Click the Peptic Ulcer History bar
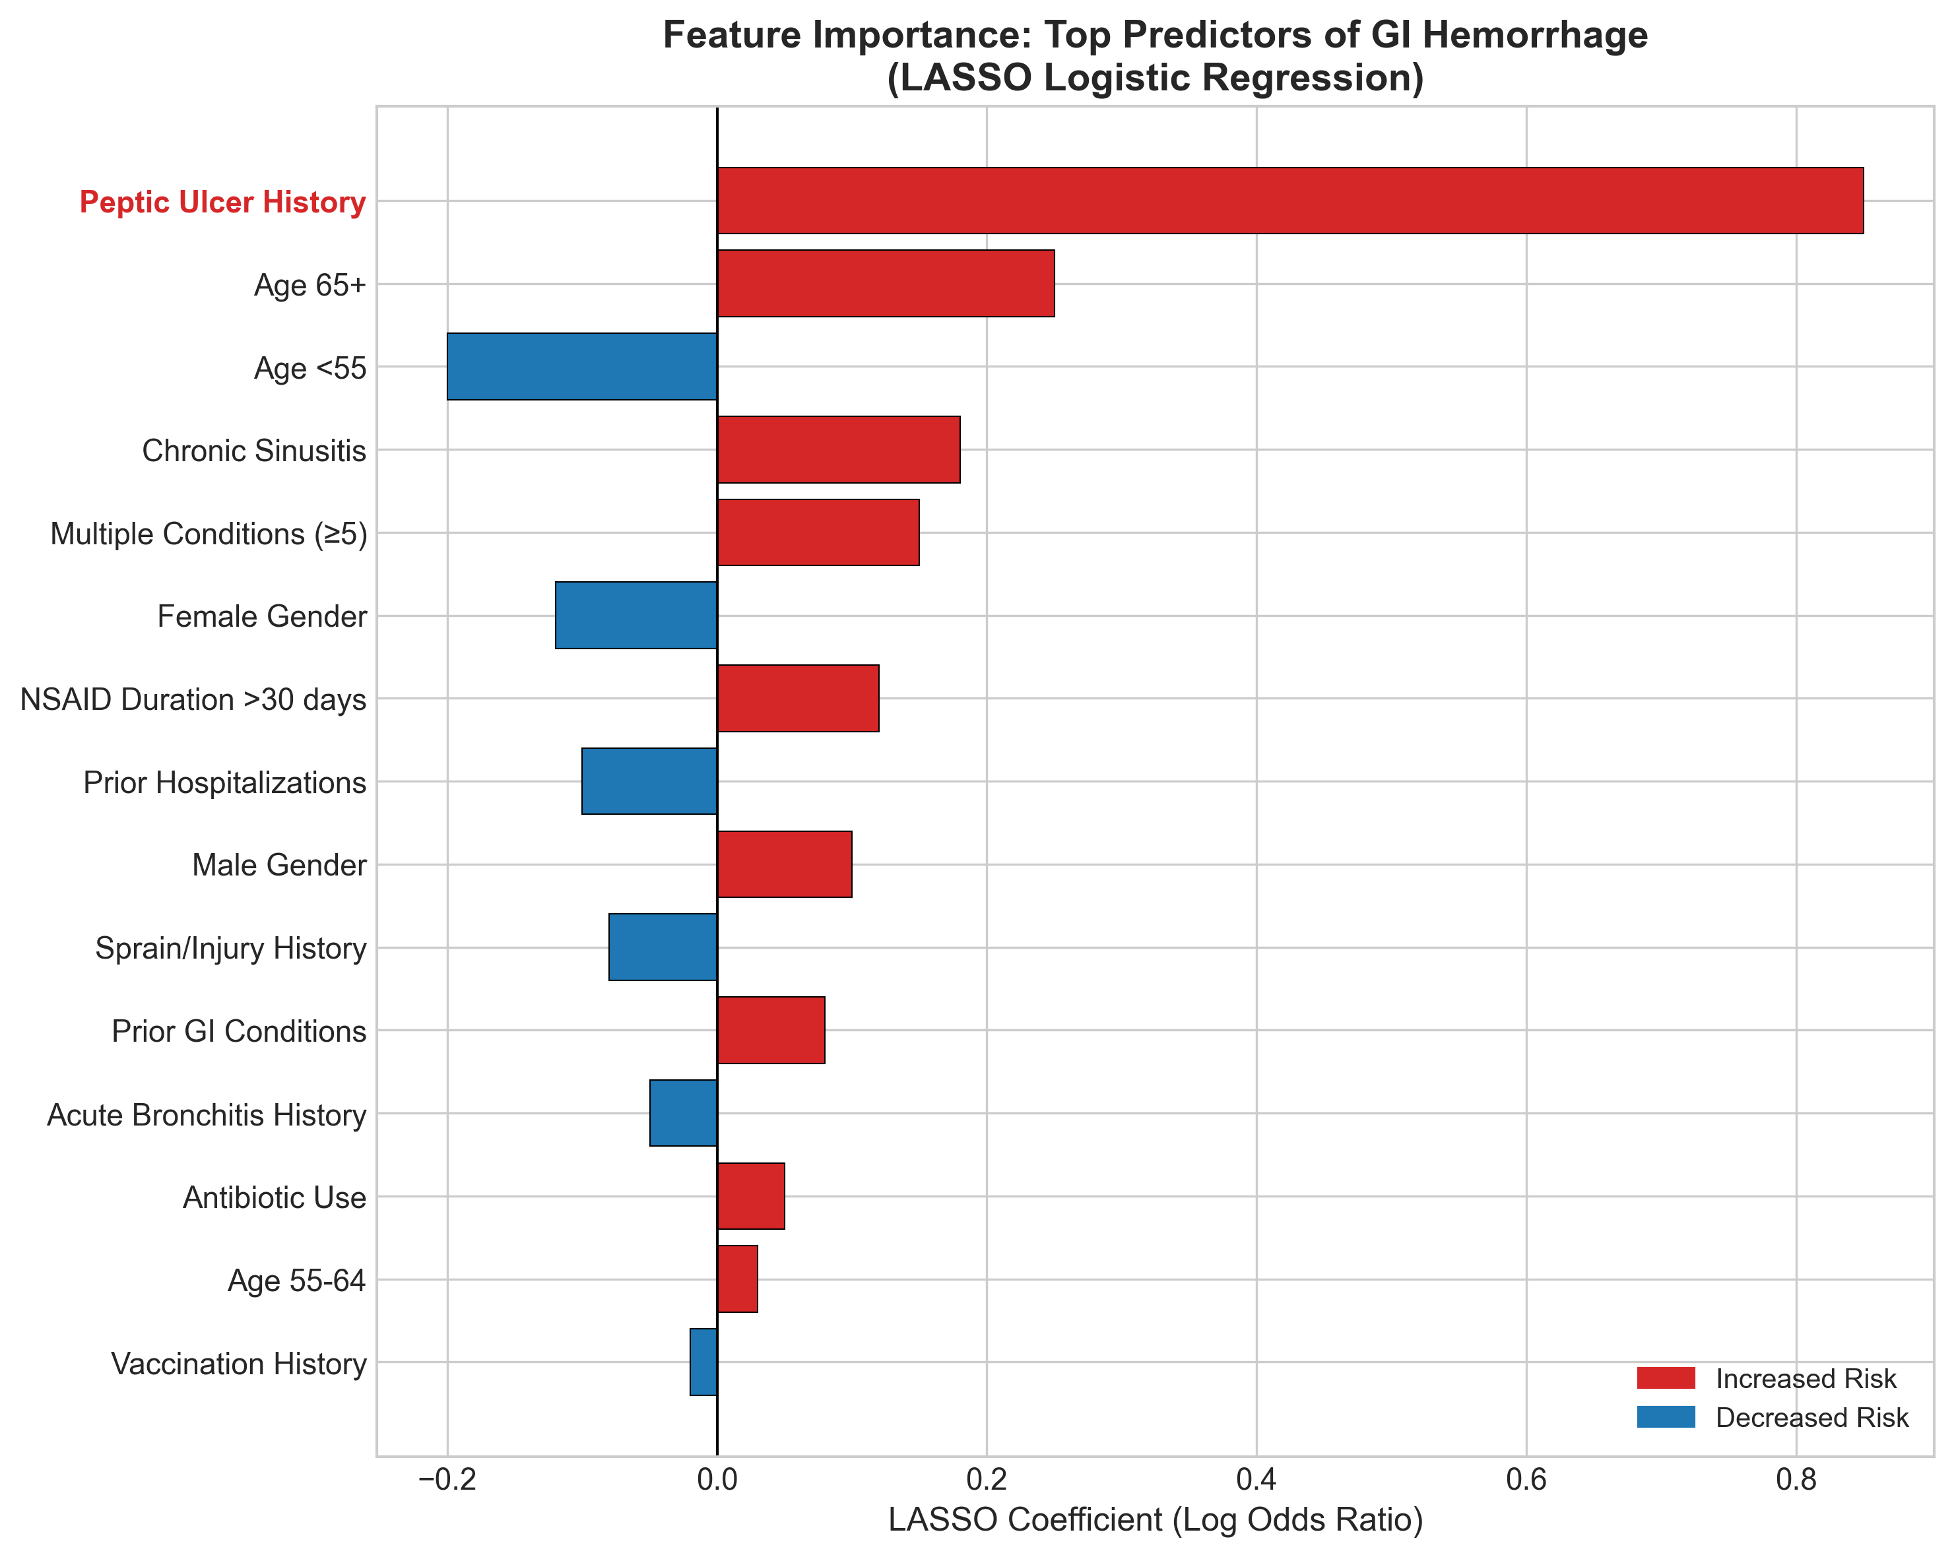tap(1289, 201)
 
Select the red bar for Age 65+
tap(886, 284)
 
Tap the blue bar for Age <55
tap(582, 366)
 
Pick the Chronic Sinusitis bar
tap(838, 449)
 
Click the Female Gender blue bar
tap(636, 616)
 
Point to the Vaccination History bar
tap(703, 1362)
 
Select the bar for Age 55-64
tap(737, 1279)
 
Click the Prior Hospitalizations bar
tap(649, 781)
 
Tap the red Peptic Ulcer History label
tap(223, 202)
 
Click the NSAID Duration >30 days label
tap(193, 699)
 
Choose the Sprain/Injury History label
tap(231, 949)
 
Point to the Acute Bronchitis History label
tap(207, 1115)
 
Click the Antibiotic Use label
tap(275, 1198)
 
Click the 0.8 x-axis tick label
tap(1796, 1480)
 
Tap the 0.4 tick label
tap(1256, 1480)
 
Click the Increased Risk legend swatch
tap(1666, 1378)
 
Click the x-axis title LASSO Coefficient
tap(1156, 1521)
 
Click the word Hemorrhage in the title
tap(1537, 36)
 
